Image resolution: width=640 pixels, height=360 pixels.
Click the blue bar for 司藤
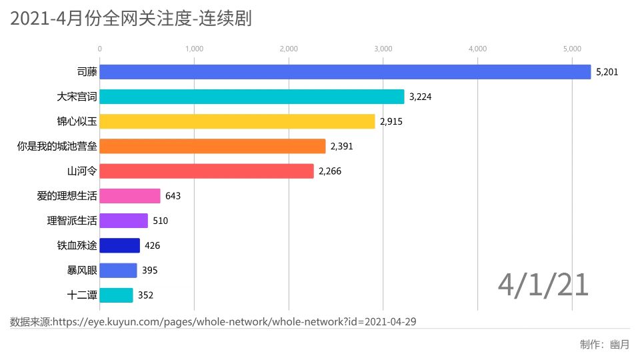[x=345, y=72]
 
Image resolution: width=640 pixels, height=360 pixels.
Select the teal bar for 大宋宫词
[x=252, y=97]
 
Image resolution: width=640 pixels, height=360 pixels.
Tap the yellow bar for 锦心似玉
[x=237, y=121]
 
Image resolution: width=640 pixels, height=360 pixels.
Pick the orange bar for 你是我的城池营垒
[x=213, y=146]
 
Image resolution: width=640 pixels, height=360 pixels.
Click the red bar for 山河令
[x=207, y=171]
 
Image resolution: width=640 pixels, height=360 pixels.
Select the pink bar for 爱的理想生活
[x=130, y=196]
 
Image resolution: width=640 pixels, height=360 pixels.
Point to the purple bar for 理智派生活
[x=124, y=221]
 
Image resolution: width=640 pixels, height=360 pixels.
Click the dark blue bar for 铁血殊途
[x=120, y=245]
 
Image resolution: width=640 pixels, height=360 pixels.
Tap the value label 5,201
[x=607, y=72]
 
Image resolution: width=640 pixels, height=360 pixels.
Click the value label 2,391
[x=341, y=147]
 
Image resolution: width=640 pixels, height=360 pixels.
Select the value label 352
[x=146, y=295]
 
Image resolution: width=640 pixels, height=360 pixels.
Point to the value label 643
[x=173, y=196]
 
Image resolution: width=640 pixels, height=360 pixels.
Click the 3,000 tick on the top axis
[x=383, y=49]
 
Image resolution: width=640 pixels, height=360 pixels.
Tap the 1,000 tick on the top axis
[x=194, y=49]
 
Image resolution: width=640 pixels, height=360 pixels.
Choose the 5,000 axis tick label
[x=572, y=49]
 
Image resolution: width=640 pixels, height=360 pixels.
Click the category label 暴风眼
[x=82, y=270]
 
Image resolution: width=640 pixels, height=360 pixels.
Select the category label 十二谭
[x=82, y=295]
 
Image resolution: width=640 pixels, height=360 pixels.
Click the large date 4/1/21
[x=543, y=285]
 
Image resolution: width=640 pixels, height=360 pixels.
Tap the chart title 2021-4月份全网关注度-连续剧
[x=131, y=19]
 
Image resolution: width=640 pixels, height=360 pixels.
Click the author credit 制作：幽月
[x=604, y=345]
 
